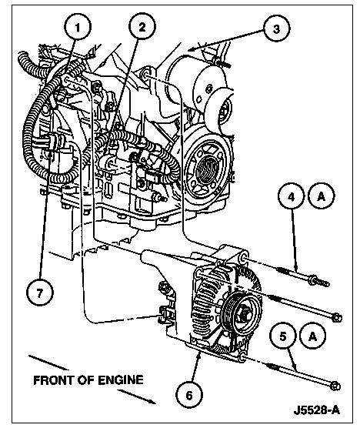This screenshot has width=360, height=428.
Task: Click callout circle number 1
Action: tap(78, 27)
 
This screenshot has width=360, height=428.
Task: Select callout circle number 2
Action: tap(142, 27)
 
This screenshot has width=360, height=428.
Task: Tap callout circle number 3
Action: tap(277, 28)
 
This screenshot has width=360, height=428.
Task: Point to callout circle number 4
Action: tap(292, 196)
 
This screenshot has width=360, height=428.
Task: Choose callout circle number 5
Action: tap(283, 336)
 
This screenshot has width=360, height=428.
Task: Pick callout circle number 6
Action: tap(189, 395)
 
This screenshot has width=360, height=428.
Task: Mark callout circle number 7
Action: tap(40, 293)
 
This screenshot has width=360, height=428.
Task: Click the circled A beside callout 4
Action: tap(322, 196)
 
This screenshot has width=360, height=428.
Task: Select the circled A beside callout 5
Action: tap(313, 336)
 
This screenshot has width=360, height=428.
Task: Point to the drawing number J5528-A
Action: tap(317, 410)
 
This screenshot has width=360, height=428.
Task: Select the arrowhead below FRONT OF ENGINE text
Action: tap(152, 400)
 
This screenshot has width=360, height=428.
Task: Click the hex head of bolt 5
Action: tap(335, 386)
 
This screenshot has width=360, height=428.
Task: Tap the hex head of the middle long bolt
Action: tap(337, 317)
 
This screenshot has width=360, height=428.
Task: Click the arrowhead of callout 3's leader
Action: tap(192, 48)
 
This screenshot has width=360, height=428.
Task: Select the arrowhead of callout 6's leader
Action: tap(199, 355)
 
